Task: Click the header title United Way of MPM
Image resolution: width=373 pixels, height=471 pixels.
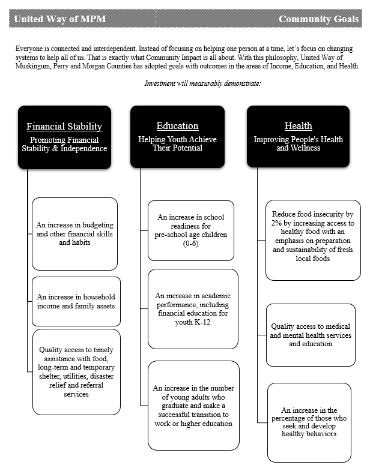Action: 59,19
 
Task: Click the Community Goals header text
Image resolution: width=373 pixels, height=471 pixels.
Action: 318,19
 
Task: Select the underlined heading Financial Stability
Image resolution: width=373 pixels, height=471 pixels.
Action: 64,126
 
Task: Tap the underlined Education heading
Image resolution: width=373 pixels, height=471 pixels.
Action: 177,125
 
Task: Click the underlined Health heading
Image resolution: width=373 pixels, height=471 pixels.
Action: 298,125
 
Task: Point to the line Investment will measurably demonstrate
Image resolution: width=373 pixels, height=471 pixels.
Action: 202,83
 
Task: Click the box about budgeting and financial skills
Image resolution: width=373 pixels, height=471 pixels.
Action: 74,234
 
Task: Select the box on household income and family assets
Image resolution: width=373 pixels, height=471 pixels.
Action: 76,301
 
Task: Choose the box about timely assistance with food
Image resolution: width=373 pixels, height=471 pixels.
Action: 76,372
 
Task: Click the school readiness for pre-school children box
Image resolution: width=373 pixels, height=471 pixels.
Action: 190,231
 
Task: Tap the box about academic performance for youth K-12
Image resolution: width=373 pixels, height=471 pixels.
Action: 193,308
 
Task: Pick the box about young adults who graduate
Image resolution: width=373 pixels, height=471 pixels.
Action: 193,406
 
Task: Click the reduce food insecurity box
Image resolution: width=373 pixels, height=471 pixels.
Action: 313,240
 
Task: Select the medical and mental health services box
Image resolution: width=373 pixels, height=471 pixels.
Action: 311,335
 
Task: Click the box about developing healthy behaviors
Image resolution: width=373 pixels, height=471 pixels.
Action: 309,422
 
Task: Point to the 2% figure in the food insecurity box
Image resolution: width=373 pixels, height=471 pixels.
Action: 279,222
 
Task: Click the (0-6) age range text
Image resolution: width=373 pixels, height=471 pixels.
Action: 191,244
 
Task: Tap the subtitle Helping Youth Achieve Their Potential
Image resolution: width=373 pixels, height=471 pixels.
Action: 177,144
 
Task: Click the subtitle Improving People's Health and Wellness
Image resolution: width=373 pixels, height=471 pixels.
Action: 298,144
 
